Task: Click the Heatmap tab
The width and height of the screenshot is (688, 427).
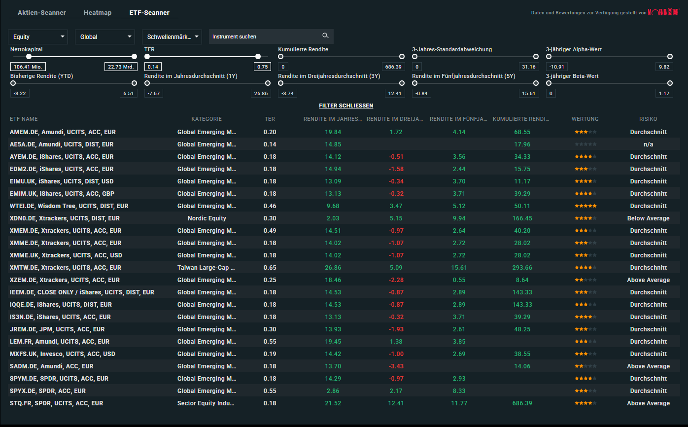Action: pyautogui.click(x=98, y=13)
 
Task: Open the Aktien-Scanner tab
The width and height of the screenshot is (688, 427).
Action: pyautogui.click(x=41, y=13)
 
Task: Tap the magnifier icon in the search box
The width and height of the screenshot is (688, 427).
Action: pyautogui.click(x=325, y=36)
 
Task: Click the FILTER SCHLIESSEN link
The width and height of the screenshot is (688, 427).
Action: pyautogui.click(x=346, y=106)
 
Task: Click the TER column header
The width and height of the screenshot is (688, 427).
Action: pyautogui.click(x=270, y=119)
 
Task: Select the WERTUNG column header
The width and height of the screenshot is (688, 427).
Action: pyautogui.click(x=585, y=119)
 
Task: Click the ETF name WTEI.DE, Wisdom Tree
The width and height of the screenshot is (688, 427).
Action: pyautogui.click(x=69, y=206)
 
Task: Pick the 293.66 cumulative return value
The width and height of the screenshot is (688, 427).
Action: pyautogui.click(x=522, y=268)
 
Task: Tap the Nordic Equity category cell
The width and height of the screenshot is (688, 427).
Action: pyautogui.click(x=207, y=218)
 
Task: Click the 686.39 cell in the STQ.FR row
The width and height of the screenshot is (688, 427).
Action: pyautogui.click(x=522, y=403)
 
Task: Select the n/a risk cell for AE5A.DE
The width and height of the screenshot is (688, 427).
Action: pyautogui.click(x=648, y=144)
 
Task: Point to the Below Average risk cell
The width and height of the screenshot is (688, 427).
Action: pyautogui.click(x=648, y=218)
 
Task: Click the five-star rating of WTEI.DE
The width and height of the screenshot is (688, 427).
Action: pyautogui.click(x=585, y=206)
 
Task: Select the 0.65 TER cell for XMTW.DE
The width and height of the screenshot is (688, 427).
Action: pyautogui.click(x=270, y=268)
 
